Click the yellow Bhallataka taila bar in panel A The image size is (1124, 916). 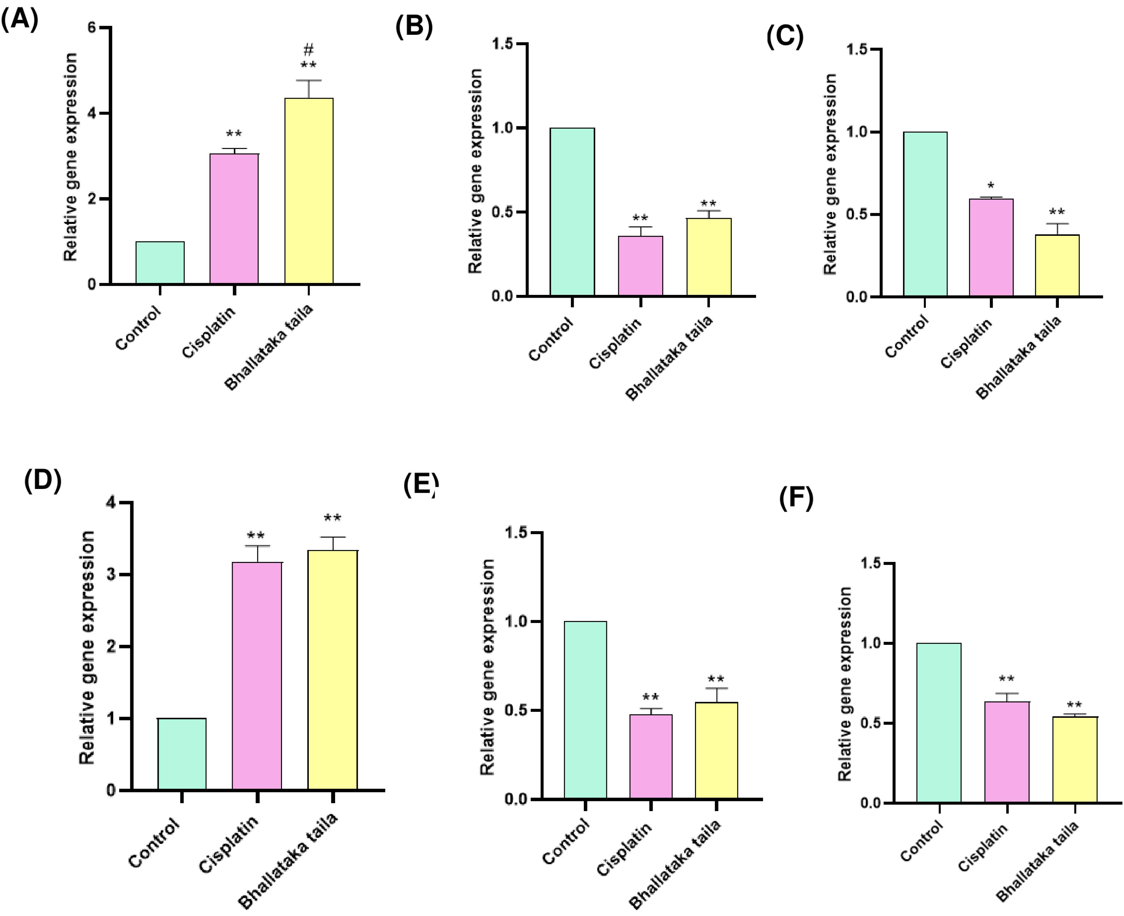[x=309, y=191]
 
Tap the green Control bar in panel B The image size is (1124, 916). [x=572, y=211]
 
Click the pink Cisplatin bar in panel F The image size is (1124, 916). [x=1007, y=752]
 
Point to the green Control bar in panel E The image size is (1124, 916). [x=585, y=710]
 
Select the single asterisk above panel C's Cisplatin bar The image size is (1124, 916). [x=991, y=186]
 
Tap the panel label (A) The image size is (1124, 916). [x=20, y=20]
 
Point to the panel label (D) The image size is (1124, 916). [x=43, y=480]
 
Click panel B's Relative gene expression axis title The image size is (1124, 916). [x=475, y=170]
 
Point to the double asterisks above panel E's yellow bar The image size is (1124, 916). [x=716, y=679]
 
